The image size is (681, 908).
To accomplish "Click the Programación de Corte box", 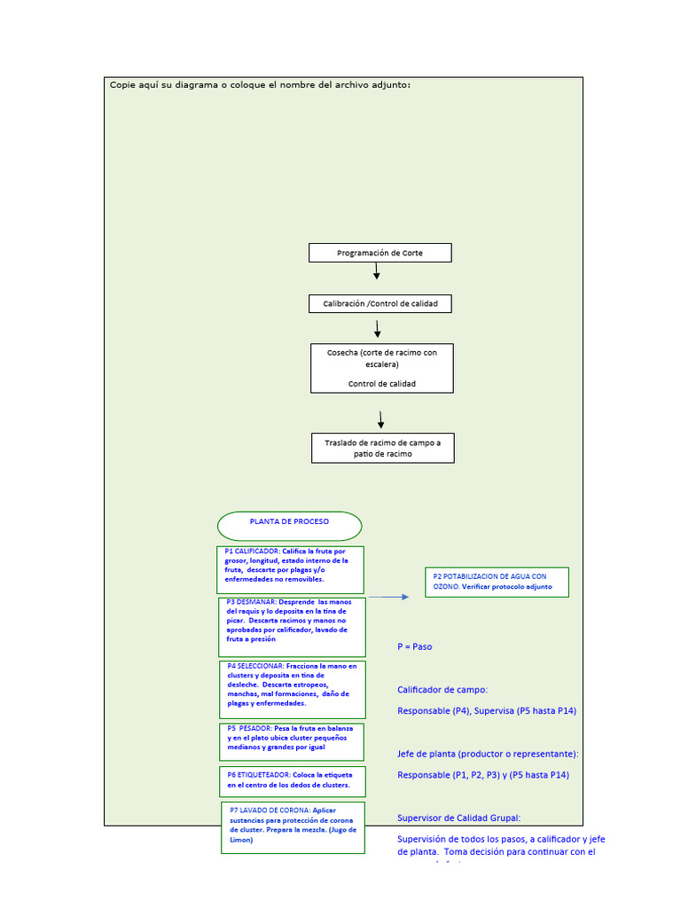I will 380,253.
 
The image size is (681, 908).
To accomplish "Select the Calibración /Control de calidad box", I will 380,303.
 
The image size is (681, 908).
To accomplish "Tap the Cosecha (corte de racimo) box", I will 381,368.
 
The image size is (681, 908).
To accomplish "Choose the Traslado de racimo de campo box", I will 382,448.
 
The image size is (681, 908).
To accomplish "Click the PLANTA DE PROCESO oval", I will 289,525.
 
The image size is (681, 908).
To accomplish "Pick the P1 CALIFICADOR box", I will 290,569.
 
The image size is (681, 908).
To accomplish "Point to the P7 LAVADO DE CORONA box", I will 293,826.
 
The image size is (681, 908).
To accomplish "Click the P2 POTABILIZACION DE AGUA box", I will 497,582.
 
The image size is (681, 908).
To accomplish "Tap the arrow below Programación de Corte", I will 377,271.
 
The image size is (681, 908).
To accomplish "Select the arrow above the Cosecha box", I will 378,328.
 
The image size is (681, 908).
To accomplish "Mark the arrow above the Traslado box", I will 381,420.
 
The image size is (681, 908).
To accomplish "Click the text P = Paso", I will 415,646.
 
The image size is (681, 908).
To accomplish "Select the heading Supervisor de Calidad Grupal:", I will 459,818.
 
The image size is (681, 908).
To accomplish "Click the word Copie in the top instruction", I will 124,85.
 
